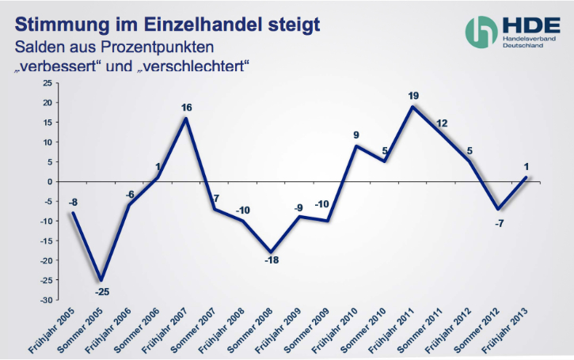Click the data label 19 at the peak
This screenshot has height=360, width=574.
(x=412, y=96)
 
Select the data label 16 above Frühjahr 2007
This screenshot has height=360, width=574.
(x=186, y=108)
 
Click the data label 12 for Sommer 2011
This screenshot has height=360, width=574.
(x=442, y=123)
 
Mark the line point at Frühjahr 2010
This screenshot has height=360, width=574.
(x=356, y=146)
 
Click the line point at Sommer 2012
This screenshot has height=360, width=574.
(x=498, y=209)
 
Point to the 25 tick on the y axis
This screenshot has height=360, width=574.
(x=47, y=83)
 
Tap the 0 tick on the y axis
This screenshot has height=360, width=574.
(x=49, y=182)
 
